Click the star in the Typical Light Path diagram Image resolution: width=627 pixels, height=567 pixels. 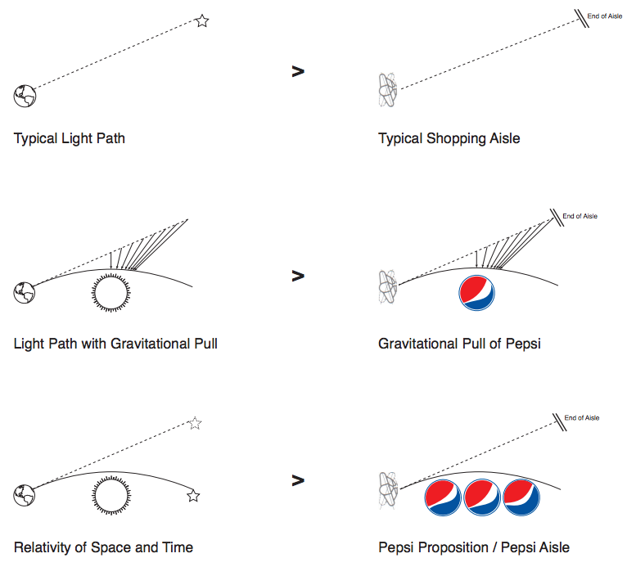point(202,20)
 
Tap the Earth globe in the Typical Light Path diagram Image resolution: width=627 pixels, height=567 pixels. point(25,96)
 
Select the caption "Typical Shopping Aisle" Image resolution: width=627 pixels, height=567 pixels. point(449,138)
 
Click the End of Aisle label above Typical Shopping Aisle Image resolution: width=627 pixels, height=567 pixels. point(605,16)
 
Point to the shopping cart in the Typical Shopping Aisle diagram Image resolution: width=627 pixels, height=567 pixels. point(387,90)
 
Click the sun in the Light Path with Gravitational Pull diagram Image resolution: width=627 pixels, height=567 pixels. point(111,292)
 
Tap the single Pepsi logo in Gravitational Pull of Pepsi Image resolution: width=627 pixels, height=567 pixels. point(476,293)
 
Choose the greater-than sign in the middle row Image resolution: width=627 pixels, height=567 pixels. point(298,276)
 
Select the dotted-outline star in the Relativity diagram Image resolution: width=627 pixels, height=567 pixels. point(195,423)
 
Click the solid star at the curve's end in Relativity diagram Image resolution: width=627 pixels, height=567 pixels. point(193,496)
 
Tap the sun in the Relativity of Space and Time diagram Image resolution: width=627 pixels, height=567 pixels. point(111,496)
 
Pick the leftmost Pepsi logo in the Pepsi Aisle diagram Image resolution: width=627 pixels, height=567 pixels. point(443,497)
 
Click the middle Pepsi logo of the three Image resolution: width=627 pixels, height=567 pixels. point(482,497)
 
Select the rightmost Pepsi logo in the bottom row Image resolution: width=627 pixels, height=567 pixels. point(521,497)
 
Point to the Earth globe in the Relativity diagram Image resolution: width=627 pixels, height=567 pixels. point(25,495)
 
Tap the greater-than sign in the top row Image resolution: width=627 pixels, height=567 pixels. point(298,71)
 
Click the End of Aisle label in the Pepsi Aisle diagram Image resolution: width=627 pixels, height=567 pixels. point(582,417)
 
